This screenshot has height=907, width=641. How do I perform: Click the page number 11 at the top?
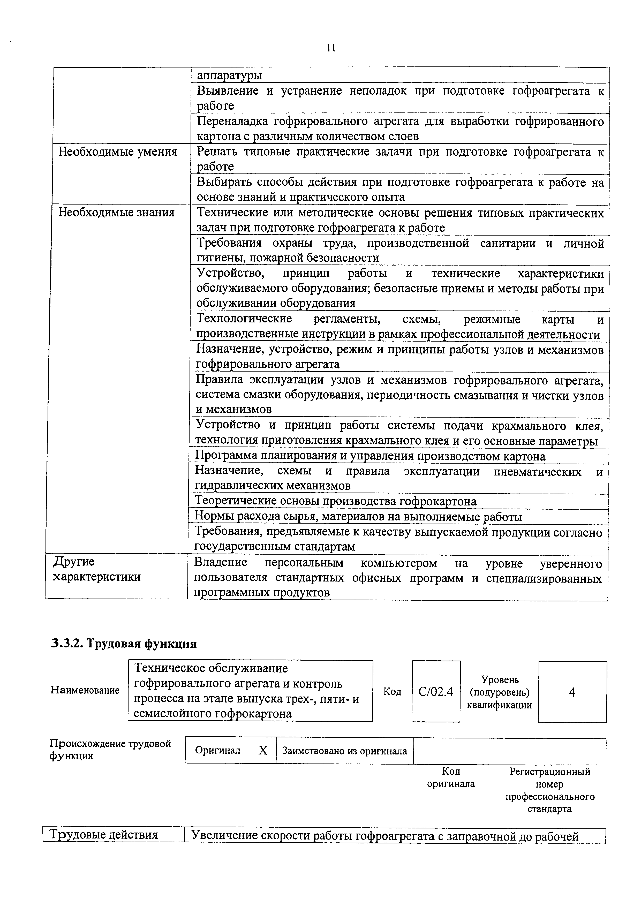point(331,48)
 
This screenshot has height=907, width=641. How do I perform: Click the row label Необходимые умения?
point(118,152)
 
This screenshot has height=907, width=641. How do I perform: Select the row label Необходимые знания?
point(117,213)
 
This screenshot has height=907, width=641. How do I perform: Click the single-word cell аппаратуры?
point(229,75)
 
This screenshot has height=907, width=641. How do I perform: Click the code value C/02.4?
point(436,691)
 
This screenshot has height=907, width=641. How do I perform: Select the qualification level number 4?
point(572,692)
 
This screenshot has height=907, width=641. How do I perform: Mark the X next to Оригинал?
point(263,751)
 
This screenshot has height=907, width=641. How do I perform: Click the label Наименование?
point(85,690)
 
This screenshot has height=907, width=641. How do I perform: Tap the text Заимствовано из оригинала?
point(344,751)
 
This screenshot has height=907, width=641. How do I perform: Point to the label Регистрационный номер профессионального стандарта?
point(549,790)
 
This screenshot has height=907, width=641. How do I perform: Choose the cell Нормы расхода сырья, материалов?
point(358,517)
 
